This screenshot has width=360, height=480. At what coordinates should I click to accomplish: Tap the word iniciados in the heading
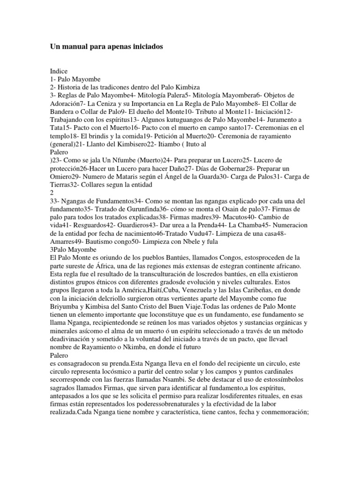click(x=142, y=47)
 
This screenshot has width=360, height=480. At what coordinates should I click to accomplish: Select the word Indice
click(x=59, y=71)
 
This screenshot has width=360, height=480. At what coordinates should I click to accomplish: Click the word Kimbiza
click(x=174, y=87)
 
